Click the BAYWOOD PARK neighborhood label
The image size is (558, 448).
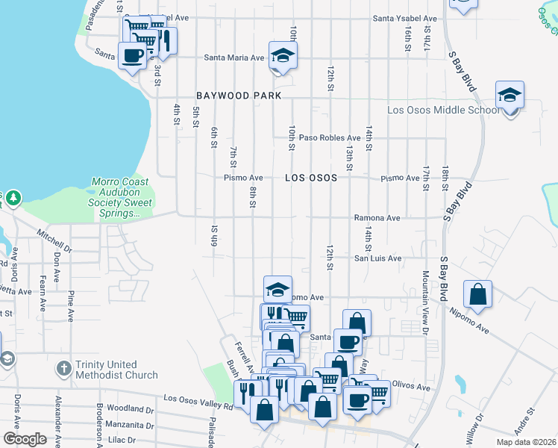pos(239,96)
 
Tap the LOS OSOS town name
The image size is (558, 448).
pos(310,178)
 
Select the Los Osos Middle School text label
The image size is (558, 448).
pos(443,111)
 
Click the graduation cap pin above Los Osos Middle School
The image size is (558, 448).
pos(510,96)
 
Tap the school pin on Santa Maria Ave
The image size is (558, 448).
pos(283,55)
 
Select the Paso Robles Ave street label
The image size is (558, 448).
pos(330,138)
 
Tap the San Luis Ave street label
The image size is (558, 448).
pos(377,258)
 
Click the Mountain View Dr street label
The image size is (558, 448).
pos(427,302)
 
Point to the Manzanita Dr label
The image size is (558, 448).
pos(130,426)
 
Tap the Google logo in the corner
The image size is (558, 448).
pos(25,439)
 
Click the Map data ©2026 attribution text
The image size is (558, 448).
pos(526,442)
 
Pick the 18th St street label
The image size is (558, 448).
pos(444,182)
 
